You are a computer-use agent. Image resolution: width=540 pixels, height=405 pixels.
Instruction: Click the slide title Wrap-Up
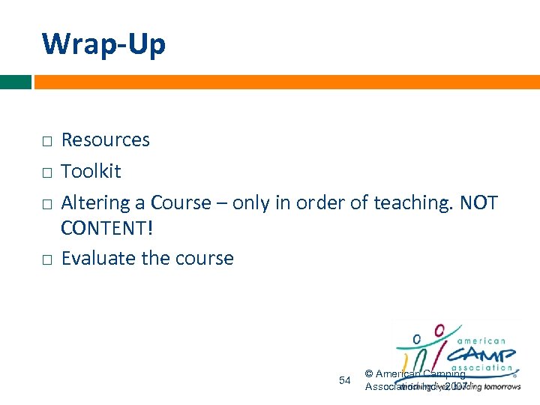tap(103, 44)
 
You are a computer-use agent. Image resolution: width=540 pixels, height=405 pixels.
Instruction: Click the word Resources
tap(105, 140)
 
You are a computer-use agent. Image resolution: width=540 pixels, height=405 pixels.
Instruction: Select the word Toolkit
tap(91, 172)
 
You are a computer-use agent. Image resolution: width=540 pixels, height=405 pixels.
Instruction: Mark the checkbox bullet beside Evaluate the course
tap(46, 259)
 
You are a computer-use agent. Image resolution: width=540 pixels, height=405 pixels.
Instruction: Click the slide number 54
tap(345, 380)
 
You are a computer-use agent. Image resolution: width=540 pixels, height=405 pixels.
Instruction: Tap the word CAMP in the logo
tap(483, 353)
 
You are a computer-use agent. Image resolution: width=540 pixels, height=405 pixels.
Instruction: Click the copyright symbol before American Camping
tap(369, 373)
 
